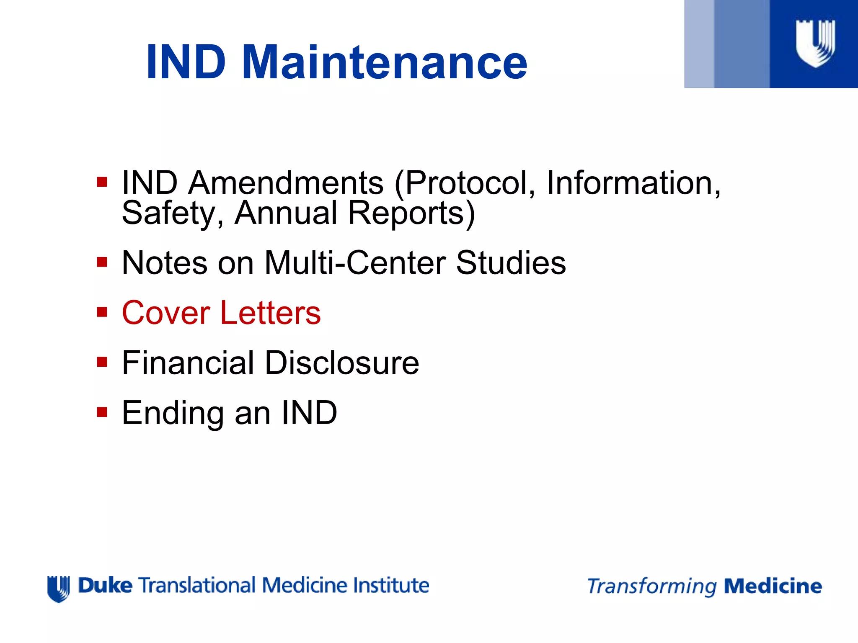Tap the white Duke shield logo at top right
point(815,44)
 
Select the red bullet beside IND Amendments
point(102,182)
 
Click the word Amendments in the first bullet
point(286,183)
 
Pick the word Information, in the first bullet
point(633,183)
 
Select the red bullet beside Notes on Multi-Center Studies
point(102,262)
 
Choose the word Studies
point(511,262)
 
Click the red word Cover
point(166,313)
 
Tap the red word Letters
point(271,313)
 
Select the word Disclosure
point(342,363)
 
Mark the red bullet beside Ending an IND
point(102,412)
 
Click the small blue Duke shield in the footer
point(58,589)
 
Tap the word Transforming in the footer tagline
point(652,586)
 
